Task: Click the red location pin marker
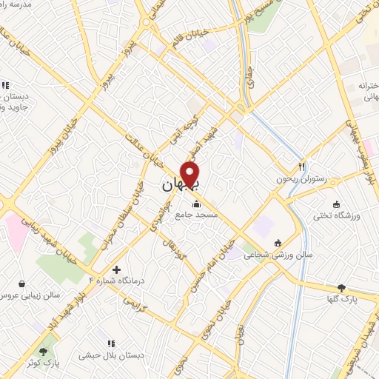[191, 175]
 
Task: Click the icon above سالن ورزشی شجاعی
[278, 243]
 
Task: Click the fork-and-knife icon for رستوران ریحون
[301, 167]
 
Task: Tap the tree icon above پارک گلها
[341, 288]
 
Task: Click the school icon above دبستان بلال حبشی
[112, 344]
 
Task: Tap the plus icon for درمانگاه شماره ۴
[116, 269]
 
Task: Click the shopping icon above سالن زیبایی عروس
[21, 284]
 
